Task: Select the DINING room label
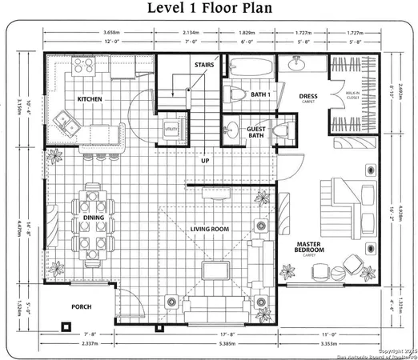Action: (94, 217)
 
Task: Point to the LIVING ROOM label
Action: (210, 230)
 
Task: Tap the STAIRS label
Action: (204, 63)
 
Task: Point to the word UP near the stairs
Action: (205, 160)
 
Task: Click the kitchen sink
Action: (63, 122)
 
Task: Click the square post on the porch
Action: (65, 326)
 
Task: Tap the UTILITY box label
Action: (171, 127)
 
